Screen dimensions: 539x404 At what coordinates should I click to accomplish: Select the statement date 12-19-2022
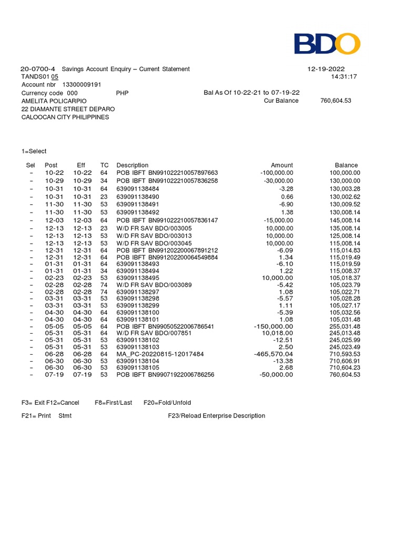point(326,69)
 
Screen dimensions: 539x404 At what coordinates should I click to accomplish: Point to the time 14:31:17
point(344,77)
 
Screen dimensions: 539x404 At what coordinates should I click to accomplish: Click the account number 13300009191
point(82,85)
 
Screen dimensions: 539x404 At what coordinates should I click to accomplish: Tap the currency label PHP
point(122,93)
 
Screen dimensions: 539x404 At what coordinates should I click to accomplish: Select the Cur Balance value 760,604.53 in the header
point(335,101)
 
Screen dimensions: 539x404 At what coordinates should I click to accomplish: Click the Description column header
point(132,165)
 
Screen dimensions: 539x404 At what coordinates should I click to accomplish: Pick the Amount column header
point(281,165)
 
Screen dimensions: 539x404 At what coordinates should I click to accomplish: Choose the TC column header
point(104,165)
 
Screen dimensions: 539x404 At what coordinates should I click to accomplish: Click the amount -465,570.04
point(274,355)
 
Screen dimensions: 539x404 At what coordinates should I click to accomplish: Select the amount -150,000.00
point(274,326)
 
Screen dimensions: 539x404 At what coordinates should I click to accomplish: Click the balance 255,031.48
point(345,326)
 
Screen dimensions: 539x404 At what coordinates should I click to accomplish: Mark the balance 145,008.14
point(345,220)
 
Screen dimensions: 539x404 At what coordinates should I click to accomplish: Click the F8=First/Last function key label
point(113,403)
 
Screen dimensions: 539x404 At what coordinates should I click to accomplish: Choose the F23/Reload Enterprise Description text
point(216,416)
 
